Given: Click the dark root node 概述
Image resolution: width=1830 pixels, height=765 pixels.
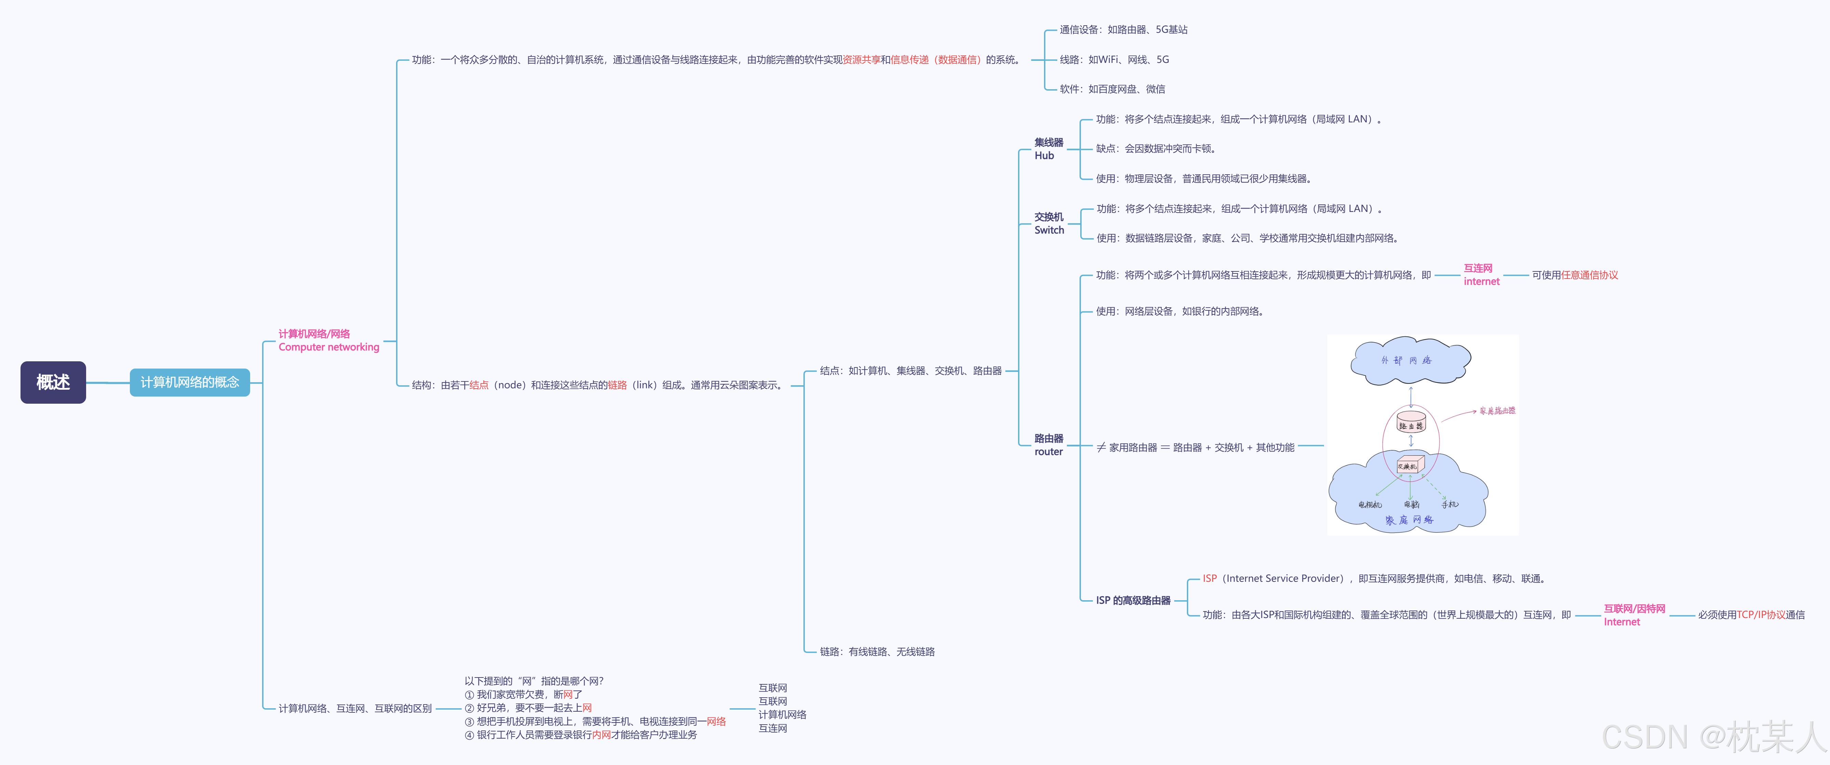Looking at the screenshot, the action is click(53, 382).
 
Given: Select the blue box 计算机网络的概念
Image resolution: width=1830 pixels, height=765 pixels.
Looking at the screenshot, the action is click(190, 382).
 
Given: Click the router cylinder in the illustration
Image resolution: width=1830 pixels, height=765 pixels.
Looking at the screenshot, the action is click(1411, 422).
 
